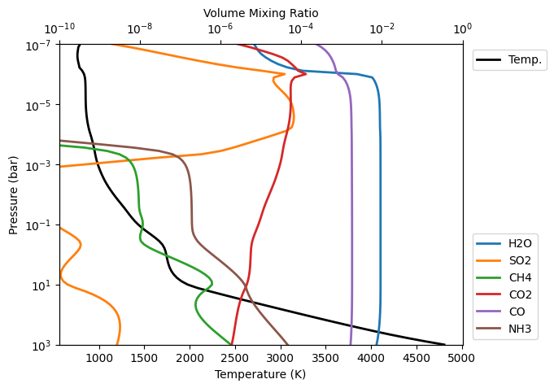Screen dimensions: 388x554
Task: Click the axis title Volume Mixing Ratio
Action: tap(260, 13)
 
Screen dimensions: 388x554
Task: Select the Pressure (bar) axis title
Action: tap(14, 194)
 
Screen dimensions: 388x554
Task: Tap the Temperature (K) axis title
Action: tap(260, 374)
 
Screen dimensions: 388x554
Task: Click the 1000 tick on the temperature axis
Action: tap(99, 357)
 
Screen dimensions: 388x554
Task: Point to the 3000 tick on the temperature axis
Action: tap(281, 357)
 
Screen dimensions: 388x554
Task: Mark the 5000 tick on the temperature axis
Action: tap(462, 357)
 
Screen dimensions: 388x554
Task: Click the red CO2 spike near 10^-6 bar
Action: tap(305, 75)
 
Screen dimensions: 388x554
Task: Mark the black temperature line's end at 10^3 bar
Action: tap(445, 345)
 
